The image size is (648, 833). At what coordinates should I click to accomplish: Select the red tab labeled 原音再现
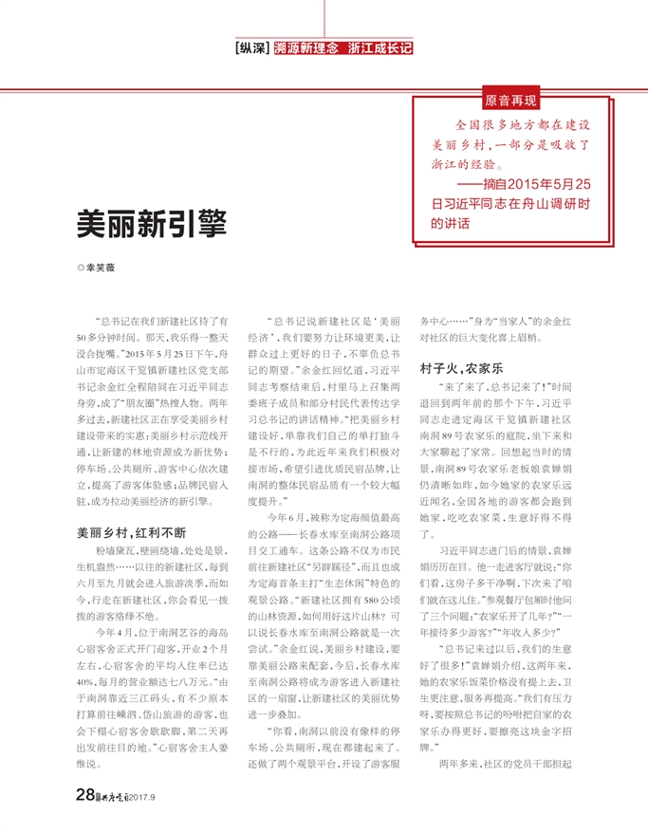(x=509, y=100)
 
